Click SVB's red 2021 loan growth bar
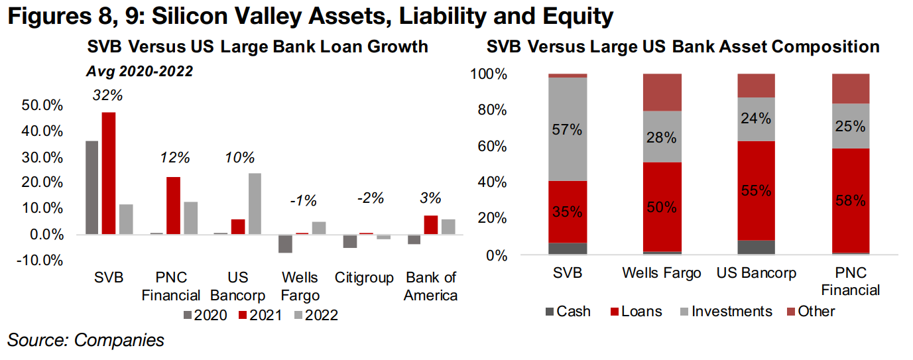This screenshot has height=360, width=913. click(109, 173)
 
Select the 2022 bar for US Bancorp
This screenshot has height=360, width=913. click(255, 204)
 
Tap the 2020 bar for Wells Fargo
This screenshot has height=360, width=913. click(285, 243)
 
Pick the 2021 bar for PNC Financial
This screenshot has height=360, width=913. click(173, 206)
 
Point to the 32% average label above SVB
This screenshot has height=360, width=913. click(107, 95)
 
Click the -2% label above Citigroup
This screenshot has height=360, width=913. click(371, 198)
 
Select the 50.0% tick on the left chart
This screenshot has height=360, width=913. click(42, 105)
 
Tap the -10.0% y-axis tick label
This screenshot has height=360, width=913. click(40, 260)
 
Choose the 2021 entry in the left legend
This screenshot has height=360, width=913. click(261, 315)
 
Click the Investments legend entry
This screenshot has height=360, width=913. click(726, 312)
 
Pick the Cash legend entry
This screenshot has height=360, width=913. click(568, 312)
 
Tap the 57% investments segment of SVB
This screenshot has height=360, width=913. click(568, 129)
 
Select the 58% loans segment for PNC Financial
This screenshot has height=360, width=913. click(851, 201)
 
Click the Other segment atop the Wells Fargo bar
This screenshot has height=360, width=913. click(662, 93)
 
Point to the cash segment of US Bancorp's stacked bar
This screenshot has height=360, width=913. click(756, 247)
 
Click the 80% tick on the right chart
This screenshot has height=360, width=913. click(493, 110)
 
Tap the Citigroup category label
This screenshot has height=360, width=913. click(364, 278)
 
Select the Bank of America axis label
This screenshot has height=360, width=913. click(431, 286)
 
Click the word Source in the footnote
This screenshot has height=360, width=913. click(38, 340)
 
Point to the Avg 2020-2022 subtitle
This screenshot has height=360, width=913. click(139, 72)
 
